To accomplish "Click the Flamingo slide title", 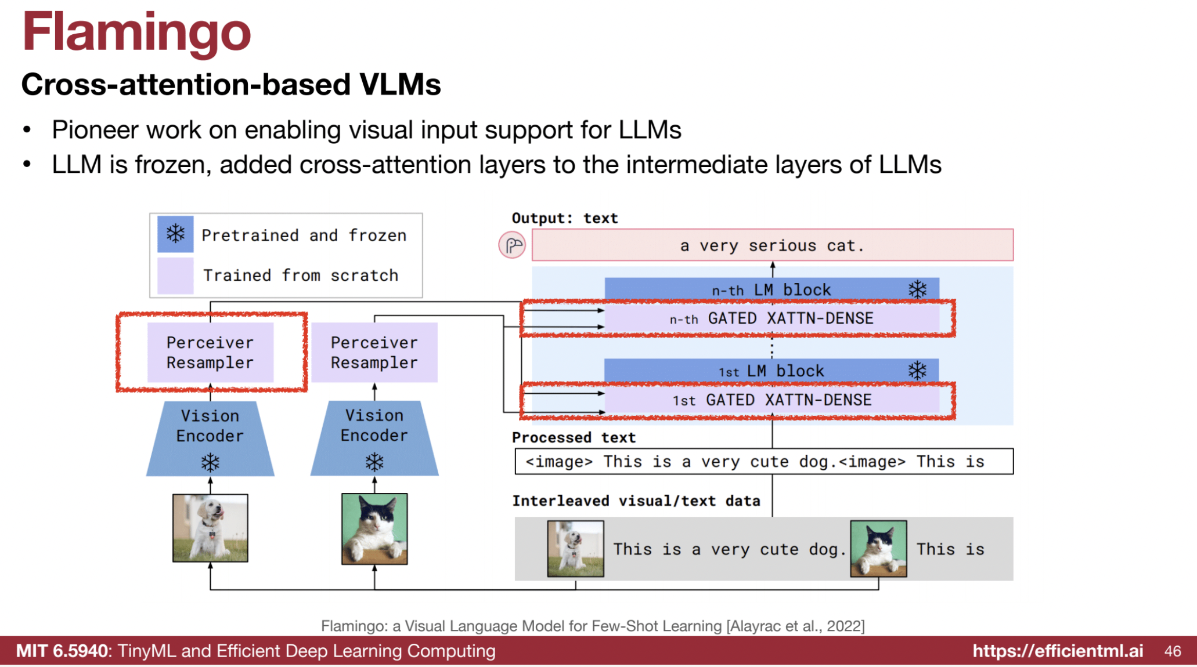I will pyautogui.click(x=136, y=32).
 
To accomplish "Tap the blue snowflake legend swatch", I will pyautogui.click(x=175, y=234).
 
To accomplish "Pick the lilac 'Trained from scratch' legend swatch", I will pyautogui.click(x=175, y=275).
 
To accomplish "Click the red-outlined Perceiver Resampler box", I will pyautogui.click(x=210, y=353).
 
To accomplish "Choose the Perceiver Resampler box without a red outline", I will pyautogui.click(x=374, y=353).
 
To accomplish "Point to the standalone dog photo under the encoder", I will pyautogui.click(x=210, y=528).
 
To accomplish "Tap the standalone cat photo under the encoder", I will pyautogui.click(x=374, y=528).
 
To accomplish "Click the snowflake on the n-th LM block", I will pyautogui.click(x=917, y=289).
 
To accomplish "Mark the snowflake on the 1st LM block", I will pyautogui.click(x=917, y=371).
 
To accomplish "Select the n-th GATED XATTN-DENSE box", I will pyautogui.click(x=771, y=318).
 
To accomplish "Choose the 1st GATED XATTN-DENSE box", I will pyautogui.click(x=771, y=400).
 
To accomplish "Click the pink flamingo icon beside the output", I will pyautogui.click(x=512, y=245).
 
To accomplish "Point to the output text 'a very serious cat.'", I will pyautogui.click(x=772, y=245).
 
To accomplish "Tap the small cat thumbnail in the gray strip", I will pyautogui.click(x=878, y=549).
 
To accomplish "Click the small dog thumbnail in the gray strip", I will pyautogui.click(x=575, y=549).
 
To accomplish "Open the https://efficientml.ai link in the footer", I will pyautogui.click(x=1058, y=651).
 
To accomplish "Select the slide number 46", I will pyautogui.click(x=1172, y=651).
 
